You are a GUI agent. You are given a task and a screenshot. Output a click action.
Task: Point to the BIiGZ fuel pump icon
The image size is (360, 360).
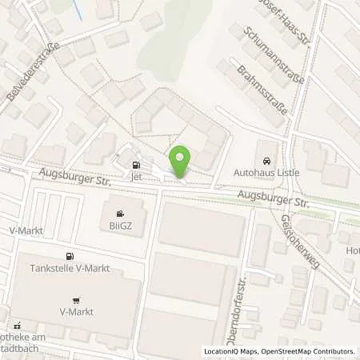(120, 214)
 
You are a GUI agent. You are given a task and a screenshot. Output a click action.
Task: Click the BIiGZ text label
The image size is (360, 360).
(120, 226)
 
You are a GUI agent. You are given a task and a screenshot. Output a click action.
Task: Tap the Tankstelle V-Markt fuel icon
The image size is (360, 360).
(70, 257)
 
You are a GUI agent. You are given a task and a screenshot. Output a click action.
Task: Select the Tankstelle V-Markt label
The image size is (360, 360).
(70, 269)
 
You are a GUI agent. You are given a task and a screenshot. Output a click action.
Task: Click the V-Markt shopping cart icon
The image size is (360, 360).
(77, 301)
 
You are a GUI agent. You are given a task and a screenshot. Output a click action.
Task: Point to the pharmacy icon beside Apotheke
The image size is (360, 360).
(14, 326)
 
